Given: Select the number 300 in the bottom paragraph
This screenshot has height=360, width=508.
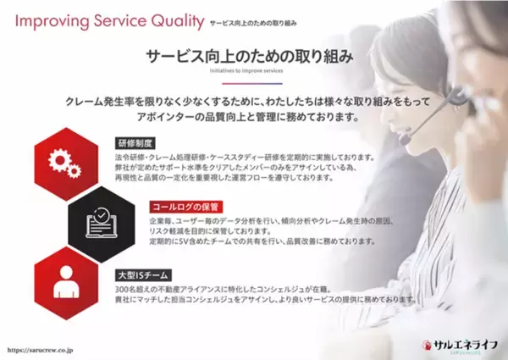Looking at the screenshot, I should pyautogui.click(x=123, y=288).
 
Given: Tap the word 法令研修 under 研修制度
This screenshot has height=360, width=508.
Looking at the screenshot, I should pyautogui.click(x=128, y=158).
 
